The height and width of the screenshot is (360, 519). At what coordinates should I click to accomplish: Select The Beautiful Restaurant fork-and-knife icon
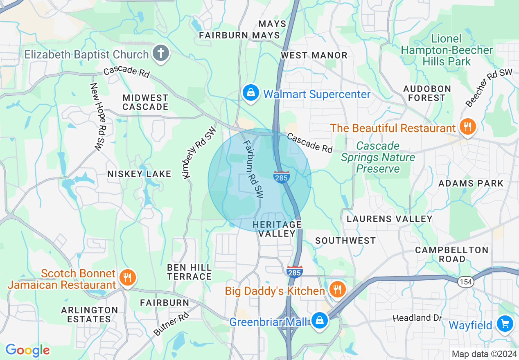pyautogui.click(x=467, y=127)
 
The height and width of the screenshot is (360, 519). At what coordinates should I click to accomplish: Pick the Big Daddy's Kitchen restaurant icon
pyautogui.click(x=337, y=290)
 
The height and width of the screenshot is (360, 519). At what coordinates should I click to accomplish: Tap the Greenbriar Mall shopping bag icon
pyautogui.click(x=319, y=321)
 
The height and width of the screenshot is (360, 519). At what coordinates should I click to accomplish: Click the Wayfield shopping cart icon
pyautogui.click(x=505, y=324)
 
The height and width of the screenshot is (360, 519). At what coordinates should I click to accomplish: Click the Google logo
pyautogui.click(x=27, y=350)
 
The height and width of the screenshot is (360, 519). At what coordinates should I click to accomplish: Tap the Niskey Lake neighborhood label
pyautogui.click(x=139, y=174)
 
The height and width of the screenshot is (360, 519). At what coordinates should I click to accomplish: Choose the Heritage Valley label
pyautogui.click(x=277, y=229)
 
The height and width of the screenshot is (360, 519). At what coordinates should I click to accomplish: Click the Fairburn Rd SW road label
pyautogui.click(x=253, y=169)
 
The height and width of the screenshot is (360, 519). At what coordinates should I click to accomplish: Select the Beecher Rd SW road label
pyautogui.click(x=489, y=88)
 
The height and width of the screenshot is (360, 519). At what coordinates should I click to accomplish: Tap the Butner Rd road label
pyautogui.click(x=171, y=324)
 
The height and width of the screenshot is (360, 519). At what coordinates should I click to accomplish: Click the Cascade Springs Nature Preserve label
pyautogui.click(x=378, y=157)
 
